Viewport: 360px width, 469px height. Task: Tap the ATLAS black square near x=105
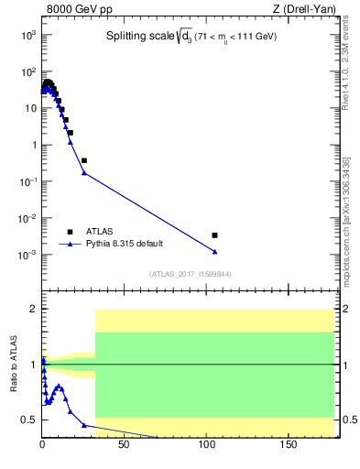click(x=214, y=235)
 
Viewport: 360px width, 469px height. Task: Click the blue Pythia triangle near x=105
click(x=214, y=252)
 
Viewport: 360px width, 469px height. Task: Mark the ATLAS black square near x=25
click(x=83, y=160)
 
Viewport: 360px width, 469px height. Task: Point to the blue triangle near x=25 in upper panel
click(x=83, y=172)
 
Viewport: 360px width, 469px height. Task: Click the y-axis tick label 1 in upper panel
click(x=32, y=145)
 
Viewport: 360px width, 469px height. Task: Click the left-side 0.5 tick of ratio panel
click(x=29, y=420)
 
